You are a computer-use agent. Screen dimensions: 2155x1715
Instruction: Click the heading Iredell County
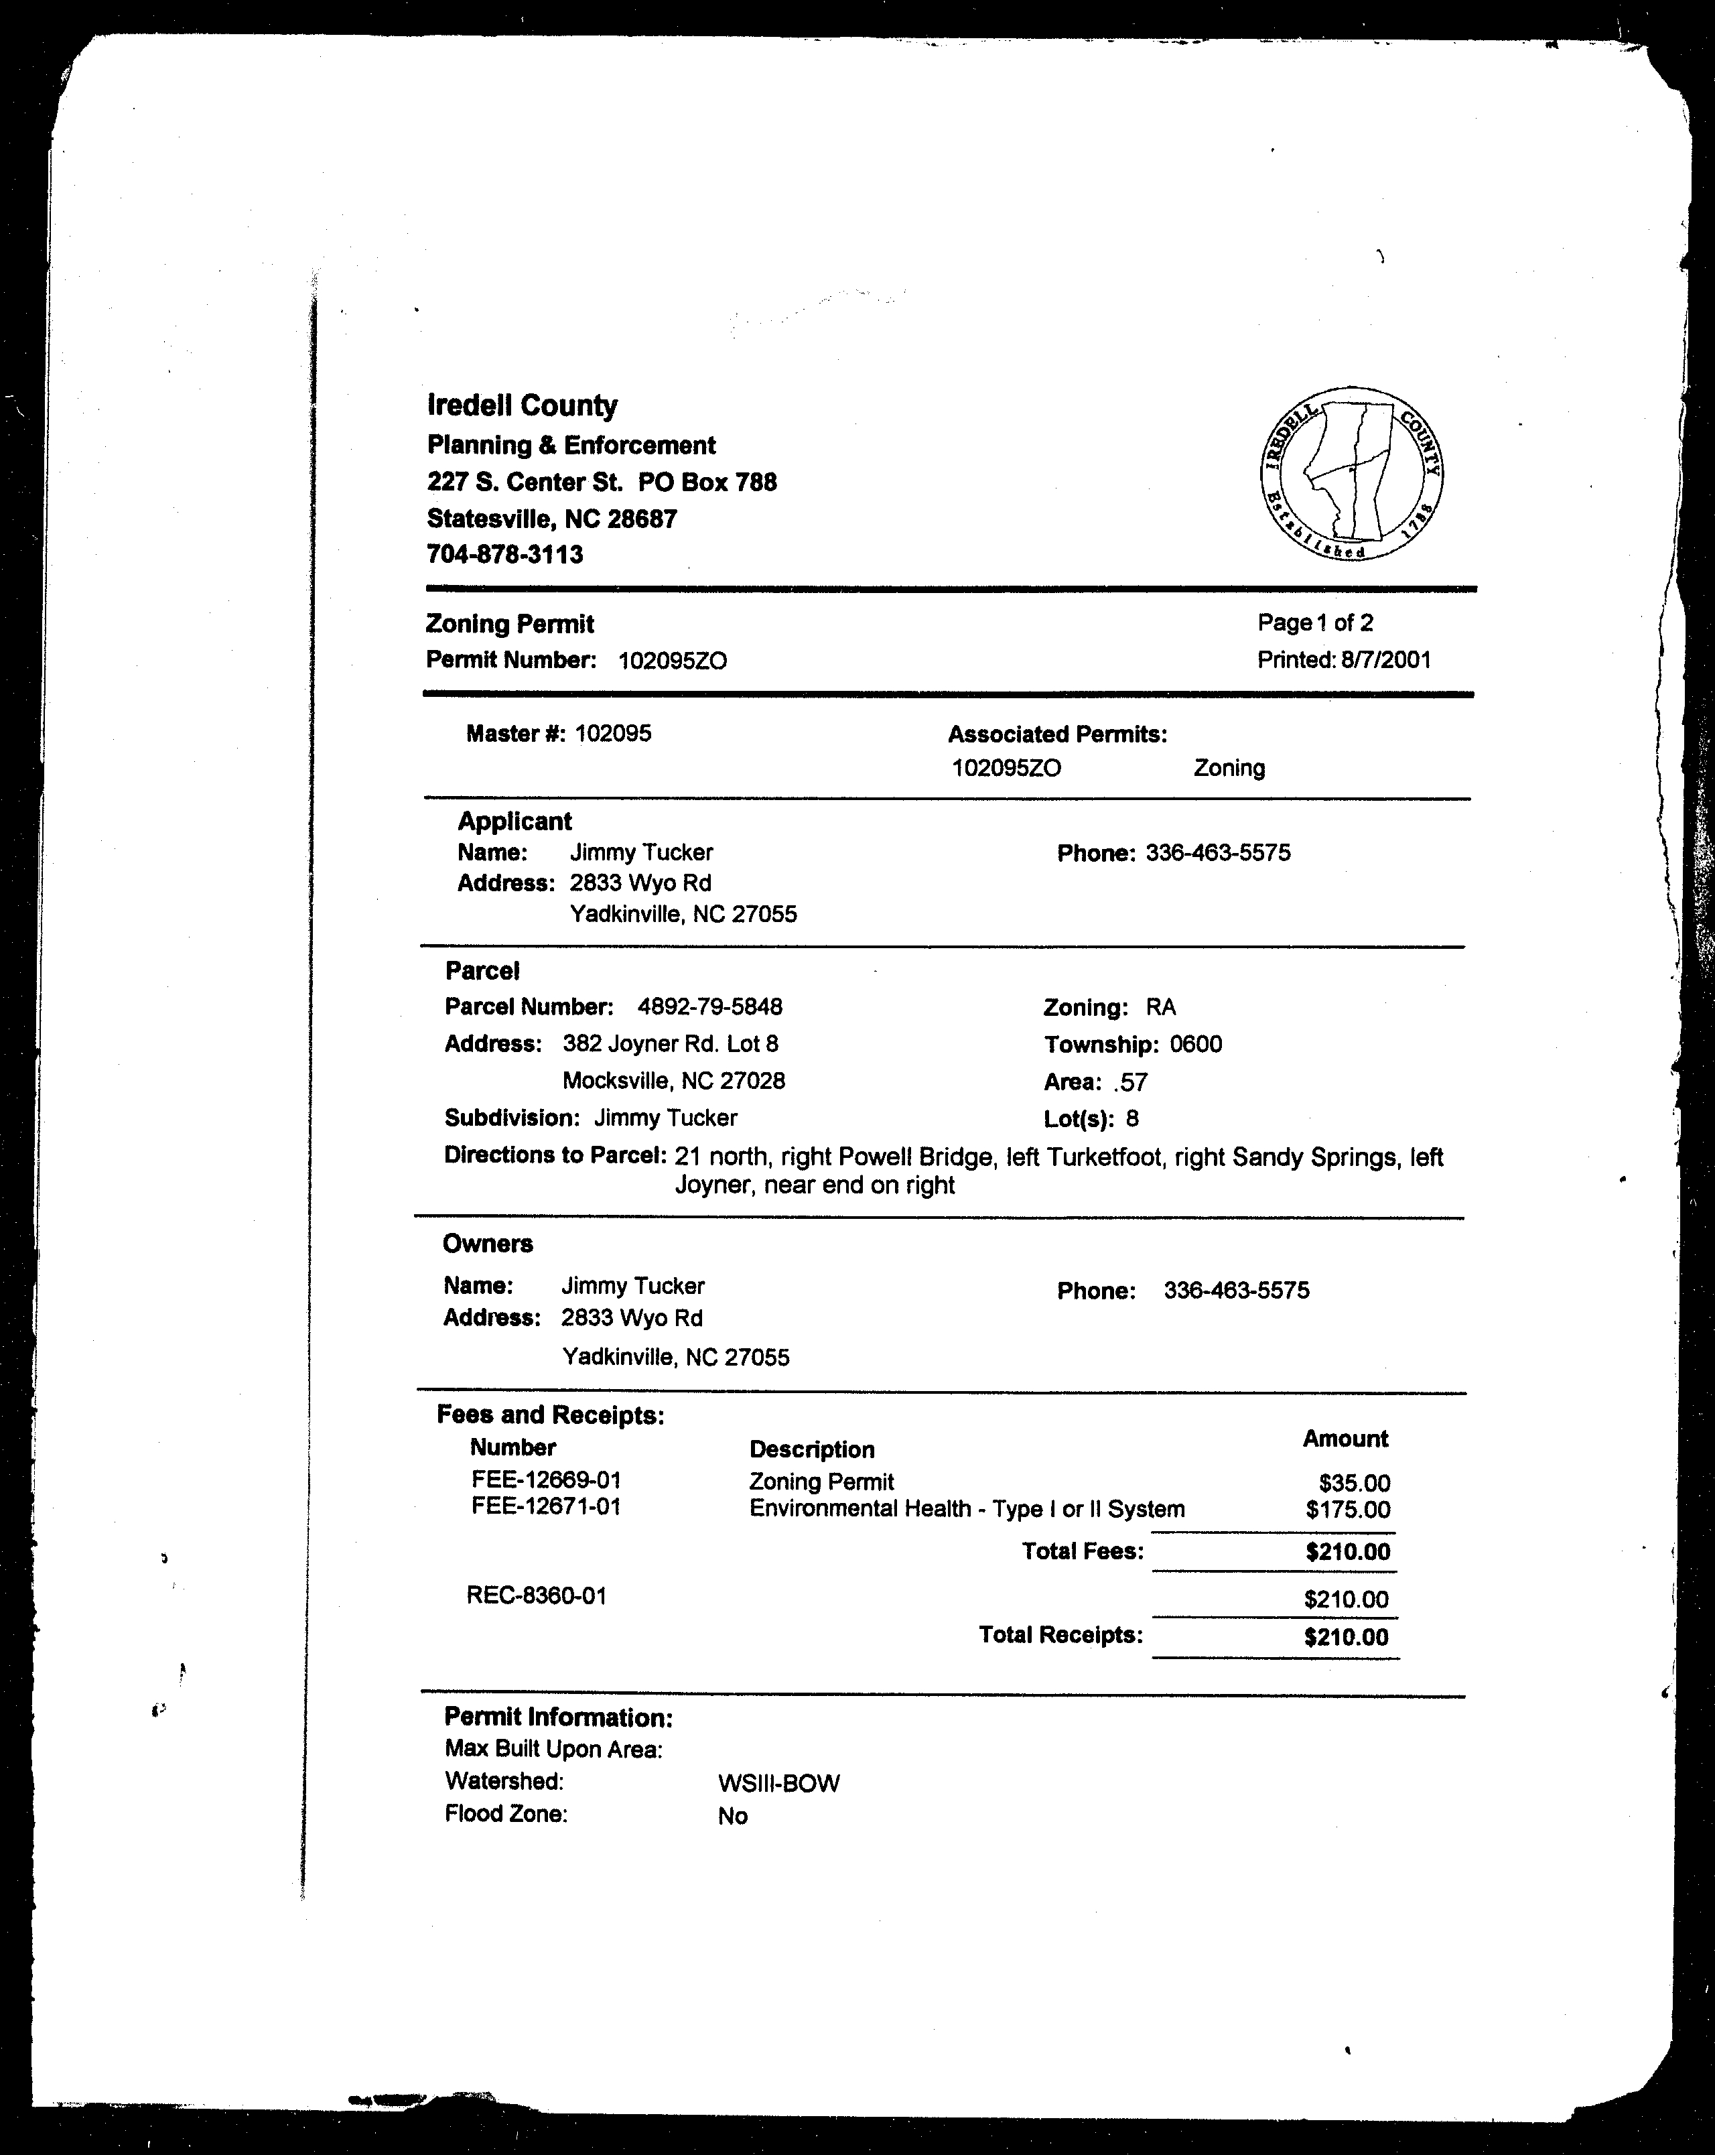[522, 406]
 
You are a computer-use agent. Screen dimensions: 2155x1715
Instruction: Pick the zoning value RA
[1162, 1008]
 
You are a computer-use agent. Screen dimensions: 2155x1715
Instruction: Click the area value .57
[1129, 1082]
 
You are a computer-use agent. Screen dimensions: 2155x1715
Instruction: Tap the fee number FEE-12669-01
[546, 1480]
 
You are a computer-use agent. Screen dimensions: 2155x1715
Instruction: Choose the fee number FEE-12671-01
[546, 1506]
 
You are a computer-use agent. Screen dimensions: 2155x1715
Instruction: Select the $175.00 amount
[1347, 1510]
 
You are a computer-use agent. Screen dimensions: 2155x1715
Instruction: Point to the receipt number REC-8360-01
[536, 1595]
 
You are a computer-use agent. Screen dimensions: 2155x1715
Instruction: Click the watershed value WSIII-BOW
[778, 1783]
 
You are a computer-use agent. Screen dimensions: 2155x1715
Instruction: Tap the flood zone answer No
[733, 1816]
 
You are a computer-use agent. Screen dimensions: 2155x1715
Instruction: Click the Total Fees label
[1083, 1551]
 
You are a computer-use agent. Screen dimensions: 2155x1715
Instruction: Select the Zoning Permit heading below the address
[510, 625]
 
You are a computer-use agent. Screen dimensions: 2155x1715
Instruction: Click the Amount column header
[1345, 1439]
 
